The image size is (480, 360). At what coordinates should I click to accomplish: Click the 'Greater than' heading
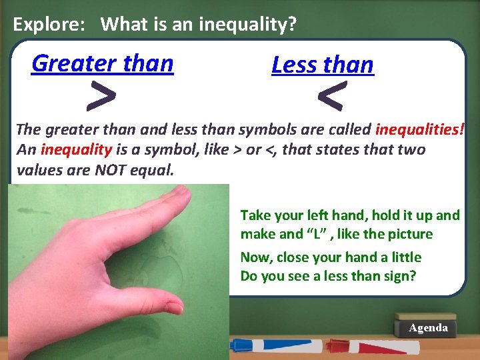tap(102, 63)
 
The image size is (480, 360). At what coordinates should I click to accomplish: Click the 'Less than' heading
tap(323, 65)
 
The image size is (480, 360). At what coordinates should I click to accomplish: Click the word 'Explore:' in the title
tap(49, 25)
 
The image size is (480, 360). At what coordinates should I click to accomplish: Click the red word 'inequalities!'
tap(419, 129)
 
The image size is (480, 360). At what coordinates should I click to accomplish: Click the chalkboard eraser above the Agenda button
tap(425, 317)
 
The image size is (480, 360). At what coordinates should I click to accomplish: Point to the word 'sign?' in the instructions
tap(399, 275)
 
